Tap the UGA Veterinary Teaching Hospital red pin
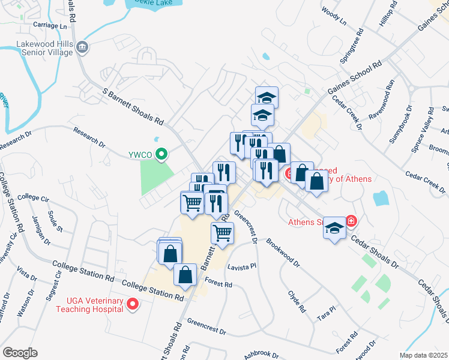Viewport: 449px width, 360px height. [133, 305]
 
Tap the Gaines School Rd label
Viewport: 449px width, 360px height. [355, 79]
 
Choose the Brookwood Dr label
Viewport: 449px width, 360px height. [283, 252]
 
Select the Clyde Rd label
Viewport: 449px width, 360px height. [297, 302]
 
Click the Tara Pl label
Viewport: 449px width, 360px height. [327, 313]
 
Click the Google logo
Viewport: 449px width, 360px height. [20, 353]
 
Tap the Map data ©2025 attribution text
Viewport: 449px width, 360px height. [424, 355]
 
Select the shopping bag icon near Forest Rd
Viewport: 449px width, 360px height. [185, 275]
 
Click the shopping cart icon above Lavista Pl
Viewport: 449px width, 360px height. [222, 232]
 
